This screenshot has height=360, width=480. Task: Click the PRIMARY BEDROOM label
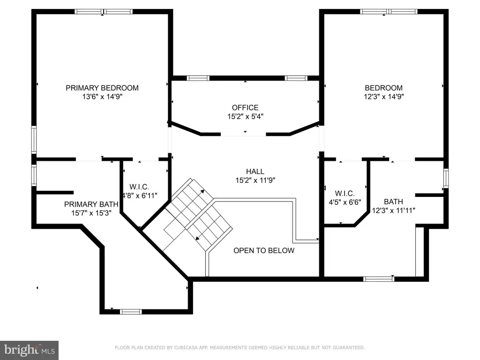coord(102,88)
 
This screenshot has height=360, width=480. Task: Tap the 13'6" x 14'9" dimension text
coord(102,97)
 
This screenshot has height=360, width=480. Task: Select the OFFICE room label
coord(245,108)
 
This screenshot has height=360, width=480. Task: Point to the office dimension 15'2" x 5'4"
coord(245,116)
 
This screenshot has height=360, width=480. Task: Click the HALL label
coord(255,172)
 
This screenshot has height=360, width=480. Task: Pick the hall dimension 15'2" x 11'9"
coord(255,180)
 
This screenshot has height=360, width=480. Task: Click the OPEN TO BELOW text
coord(264,250)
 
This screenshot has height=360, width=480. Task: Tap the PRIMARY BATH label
coord(91,204)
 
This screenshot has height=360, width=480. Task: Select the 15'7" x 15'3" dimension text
coord(91,213)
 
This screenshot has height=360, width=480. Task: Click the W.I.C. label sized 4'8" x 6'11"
coord(139,187)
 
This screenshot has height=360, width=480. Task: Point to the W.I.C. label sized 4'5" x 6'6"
coord(345,194)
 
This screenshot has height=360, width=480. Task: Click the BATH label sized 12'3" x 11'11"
coord(393,202)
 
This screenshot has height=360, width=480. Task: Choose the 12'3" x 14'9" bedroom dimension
coord(383,97)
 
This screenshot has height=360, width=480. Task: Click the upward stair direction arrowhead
coord(202,192)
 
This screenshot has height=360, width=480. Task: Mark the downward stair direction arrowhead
coord(198,238)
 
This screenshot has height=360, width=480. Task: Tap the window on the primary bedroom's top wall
coord(104,12)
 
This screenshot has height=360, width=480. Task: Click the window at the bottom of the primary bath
coord(131,312)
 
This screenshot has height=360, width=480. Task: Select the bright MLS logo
coord(29,350)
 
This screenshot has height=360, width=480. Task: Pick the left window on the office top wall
coord(198,78)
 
